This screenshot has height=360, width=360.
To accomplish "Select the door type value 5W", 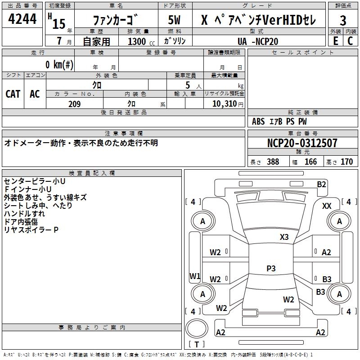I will [x=175, y=20].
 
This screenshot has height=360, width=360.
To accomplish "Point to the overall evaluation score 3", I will [x=343, y=20].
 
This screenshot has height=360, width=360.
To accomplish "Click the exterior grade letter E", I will [x=336, y=40].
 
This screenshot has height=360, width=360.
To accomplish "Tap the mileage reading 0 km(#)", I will [x=59, y=64].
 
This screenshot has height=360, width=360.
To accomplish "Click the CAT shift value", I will [x=13, y=94].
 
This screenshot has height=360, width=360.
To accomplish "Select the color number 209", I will [x=74, y=104].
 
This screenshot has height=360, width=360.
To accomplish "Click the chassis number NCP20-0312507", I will [x=302, y=143].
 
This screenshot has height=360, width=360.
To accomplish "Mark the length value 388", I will [x=273, y=162].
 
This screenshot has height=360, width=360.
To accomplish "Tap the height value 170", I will [x=346, y=162].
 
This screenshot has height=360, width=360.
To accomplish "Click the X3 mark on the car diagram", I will [x=284, y=237].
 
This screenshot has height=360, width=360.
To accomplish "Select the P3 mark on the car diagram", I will [x=271, y=268].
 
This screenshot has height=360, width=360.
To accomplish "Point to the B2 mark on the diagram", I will [x=321, y=184].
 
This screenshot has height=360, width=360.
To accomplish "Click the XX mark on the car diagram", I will [x=327, y=206].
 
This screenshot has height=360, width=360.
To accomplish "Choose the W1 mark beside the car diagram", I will [x=194, y=276].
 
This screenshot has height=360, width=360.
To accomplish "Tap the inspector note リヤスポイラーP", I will [x=31, y=229].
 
